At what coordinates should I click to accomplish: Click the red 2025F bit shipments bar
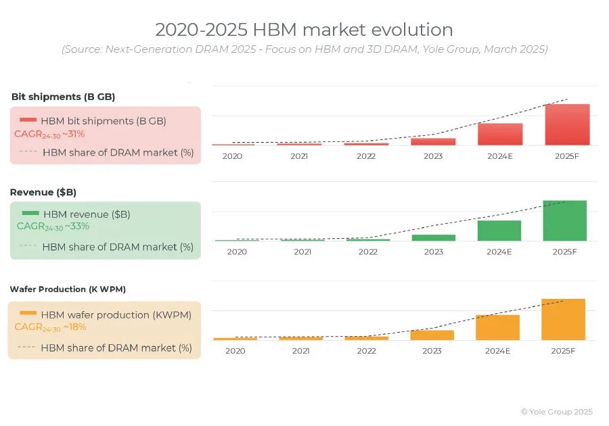point(567,125)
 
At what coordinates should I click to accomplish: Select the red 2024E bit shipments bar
point(500,135)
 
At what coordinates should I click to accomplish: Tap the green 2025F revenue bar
point(564,220)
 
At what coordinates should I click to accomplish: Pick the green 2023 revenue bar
point(434,237)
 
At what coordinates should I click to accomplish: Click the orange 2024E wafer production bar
point(497,327)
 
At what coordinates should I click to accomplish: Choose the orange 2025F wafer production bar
point(563,319)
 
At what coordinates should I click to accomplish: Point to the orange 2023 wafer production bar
point(432,335)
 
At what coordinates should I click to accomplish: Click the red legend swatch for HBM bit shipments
point(28,120)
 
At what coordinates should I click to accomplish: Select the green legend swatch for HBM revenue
point(31,214)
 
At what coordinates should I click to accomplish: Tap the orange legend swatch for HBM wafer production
point(28,313)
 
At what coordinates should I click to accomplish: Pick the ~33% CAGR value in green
point(77,227)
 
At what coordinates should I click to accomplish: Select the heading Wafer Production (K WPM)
point(68,289)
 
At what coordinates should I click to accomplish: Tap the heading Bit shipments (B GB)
point(63,97)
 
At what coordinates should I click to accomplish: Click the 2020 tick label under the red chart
point(232,156)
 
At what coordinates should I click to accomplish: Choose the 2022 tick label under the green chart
point(368,252)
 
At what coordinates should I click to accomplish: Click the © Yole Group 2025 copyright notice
point(556,412)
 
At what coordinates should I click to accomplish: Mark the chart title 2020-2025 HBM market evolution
point(304,30)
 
